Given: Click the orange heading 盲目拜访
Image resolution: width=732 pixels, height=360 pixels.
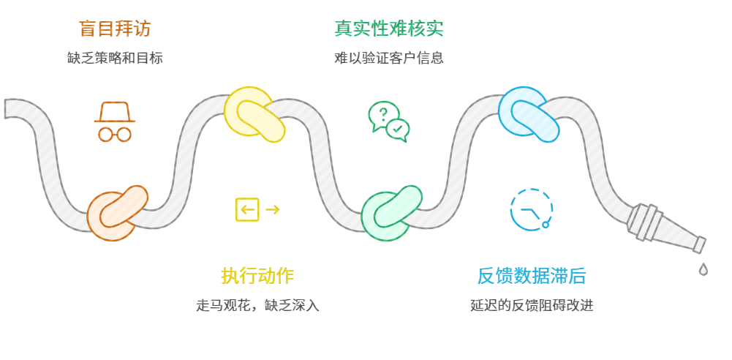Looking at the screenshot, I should pyautogui.click(x=115, y=29).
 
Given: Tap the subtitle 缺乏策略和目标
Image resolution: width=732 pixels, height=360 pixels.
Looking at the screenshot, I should pyautogui.click(x=115, y=57).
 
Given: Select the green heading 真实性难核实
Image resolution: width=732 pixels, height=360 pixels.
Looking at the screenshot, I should pyautogui.click(x=389, y=29).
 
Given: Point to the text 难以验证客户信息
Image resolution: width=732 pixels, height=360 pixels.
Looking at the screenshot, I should pyautogui.click(x=389, y=57).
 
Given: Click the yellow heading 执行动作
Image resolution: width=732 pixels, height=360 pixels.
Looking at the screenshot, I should pyautogui.click(x=257, y=276).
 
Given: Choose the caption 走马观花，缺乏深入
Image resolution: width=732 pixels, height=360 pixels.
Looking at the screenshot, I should pyautogui.click(x=257, y=304).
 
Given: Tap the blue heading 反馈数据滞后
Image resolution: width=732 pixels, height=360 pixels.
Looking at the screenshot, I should pyautogui.click(x=532, y=276).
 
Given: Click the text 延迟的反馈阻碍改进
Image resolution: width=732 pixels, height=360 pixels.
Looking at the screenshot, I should pyautogui.click(x=532, y=304).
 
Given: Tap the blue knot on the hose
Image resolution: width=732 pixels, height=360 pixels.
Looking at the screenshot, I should pyautogui.click(x=528, y=114).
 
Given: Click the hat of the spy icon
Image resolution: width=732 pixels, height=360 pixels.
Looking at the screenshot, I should pyautogui.click(x=115, y=111).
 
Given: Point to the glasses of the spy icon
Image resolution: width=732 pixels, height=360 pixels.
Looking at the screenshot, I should pyautogui.click(x=115, y=134).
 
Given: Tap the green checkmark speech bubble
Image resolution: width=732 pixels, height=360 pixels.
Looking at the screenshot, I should pyautogui.click(x=398, y=130).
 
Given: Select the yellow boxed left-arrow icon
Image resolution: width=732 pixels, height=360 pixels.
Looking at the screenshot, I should pyautogui.click(x=247, y=210).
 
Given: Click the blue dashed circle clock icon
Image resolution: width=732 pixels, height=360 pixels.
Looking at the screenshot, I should pyautogui.click(x=531, y=210).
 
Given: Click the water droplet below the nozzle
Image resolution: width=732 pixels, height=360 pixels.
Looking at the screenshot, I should pyautogui.click(x=703, y=269).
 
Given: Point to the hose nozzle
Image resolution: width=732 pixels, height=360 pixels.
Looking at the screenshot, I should pyautogui.click(x=665, y=229).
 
